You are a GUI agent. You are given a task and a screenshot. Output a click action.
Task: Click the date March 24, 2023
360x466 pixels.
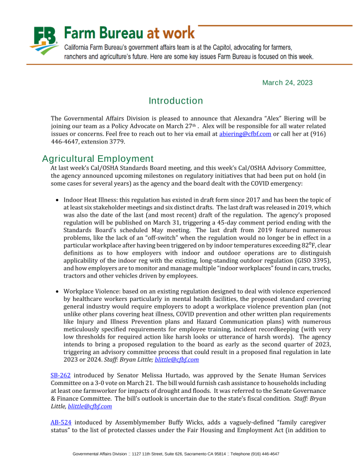pos(287,83)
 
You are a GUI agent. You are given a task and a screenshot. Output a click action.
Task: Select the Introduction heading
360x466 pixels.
pos(176,101)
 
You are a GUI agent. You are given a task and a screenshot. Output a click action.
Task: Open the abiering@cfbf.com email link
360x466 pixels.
pos(245,134)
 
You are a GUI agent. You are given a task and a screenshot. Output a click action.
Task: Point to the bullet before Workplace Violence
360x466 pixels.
pos(58,291)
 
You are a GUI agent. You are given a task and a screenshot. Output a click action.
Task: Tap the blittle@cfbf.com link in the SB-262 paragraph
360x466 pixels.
pos(90,406)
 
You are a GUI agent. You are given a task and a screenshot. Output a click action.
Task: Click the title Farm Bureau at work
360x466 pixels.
pos(129,33)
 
